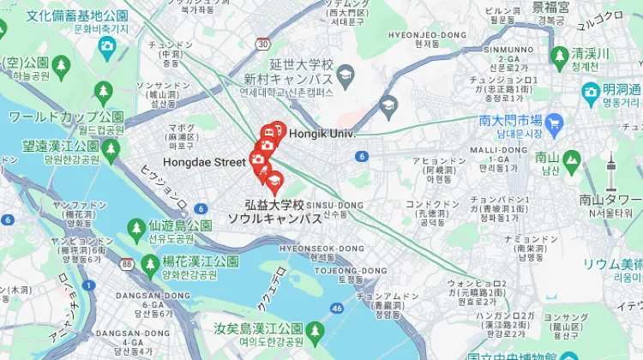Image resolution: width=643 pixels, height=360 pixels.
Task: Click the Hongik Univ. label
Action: click(321, 135)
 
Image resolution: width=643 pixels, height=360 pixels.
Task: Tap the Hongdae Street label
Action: click(204, 161)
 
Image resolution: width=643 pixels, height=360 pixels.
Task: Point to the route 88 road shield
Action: click(127, 264)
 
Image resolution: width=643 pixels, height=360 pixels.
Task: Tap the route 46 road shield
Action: click(337, 307)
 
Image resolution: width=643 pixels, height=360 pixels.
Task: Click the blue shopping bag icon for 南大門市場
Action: click(553, 123)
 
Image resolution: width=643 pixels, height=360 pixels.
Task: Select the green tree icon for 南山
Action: click(571, 158)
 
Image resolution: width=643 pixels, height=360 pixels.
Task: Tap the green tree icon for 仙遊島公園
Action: click(135, 227)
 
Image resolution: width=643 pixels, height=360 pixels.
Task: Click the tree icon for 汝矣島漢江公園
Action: click(315, 330)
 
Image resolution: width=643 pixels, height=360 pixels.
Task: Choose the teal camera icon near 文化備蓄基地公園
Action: click(107, 45)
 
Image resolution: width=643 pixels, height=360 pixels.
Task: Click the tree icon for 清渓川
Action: click(559, 56)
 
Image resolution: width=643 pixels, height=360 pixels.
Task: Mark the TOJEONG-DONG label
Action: click(339, 270)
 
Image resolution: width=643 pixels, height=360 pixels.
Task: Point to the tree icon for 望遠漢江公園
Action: click(110, 152)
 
